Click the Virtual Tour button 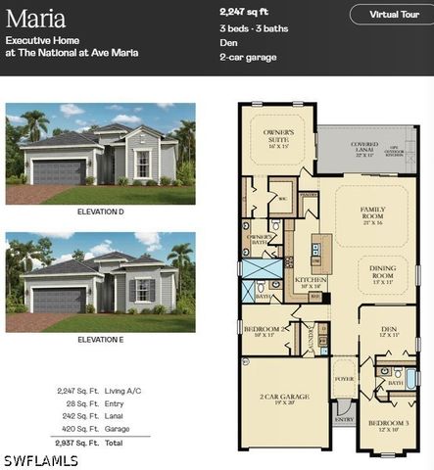389,15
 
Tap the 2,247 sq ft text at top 245,11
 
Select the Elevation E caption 100,340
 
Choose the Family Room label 373,213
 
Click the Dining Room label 381,271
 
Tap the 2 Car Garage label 285,399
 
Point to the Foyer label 344,378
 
